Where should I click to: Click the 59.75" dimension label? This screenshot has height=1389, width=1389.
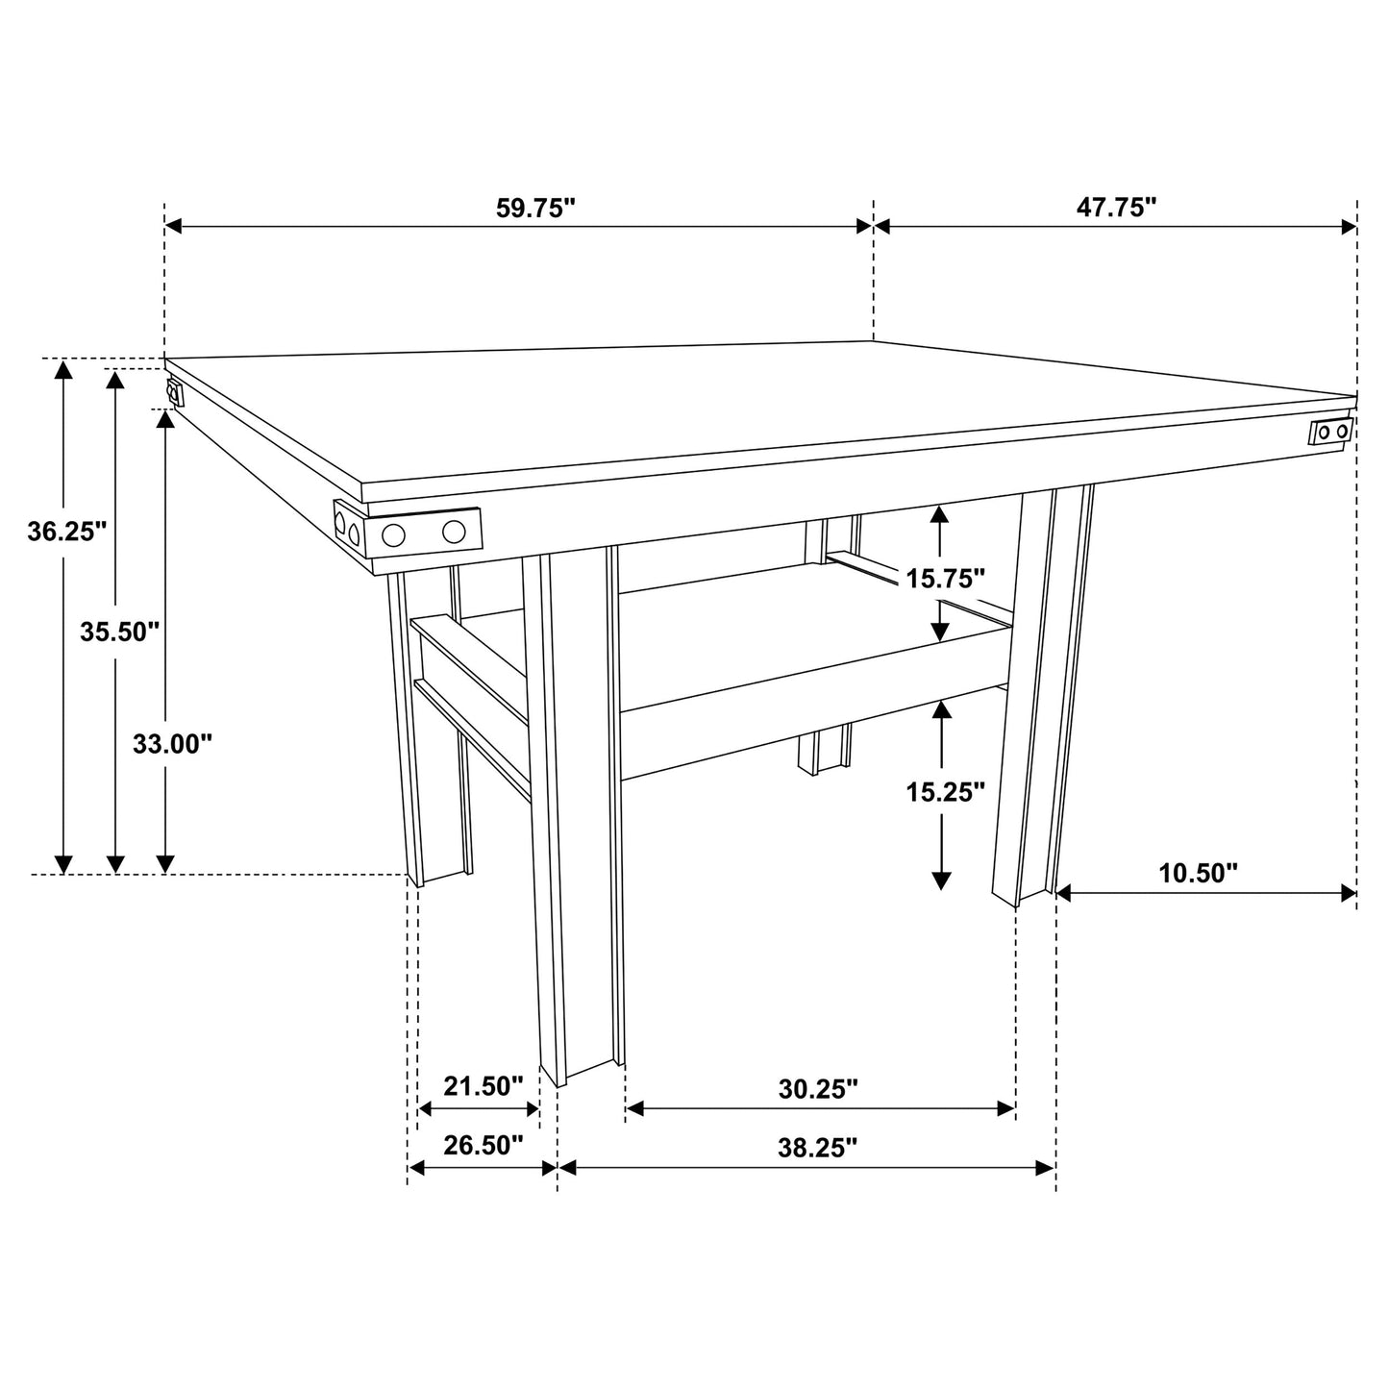[534, 209]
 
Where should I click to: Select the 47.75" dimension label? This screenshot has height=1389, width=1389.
[1116, 209]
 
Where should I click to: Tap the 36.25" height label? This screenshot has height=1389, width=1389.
[66, 532]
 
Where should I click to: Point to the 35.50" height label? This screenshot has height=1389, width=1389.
[119, 632]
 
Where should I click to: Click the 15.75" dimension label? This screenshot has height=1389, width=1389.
[946, 578]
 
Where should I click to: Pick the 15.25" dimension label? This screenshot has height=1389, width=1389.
[946, 792]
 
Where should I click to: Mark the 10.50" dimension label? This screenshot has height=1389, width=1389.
[1198, 873]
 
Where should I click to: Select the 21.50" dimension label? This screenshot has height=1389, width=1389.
[483, 1086]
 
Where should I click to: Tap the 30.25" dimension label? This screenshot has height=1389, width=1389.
[818, 1089]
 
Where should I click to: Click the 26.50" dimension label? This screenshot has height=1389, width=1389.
[483, 1145]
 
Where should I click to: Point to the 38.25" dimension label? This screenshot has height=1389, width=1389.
[818, 1147]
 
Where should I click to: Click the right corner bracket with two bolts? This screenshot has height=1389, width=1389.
[1331, 432]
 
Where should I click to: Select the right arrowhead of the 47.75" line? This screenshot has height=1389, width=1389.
[1348, 227]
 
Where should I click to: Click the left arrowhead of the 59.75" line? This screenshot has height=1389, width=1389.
[174, 227]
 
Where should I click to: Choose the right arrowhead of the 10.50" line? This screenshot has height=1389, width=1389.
[1348, 893]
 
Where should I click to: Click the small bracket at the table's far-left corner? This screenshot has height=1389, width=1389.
[174, 393]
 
